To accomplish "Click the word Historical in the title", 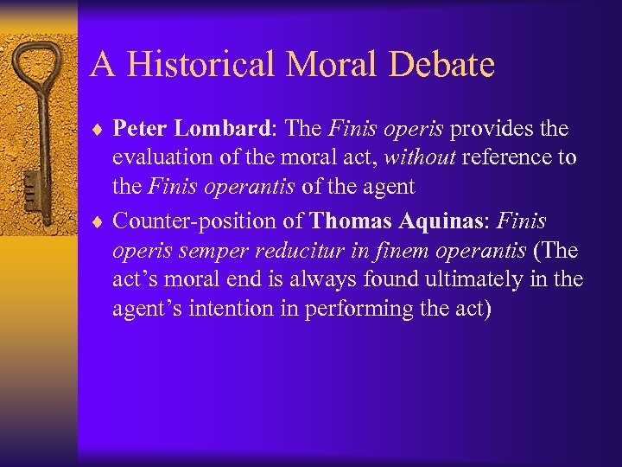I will click(205, 65).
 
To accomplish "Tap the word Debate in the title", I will click(440, 65).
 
